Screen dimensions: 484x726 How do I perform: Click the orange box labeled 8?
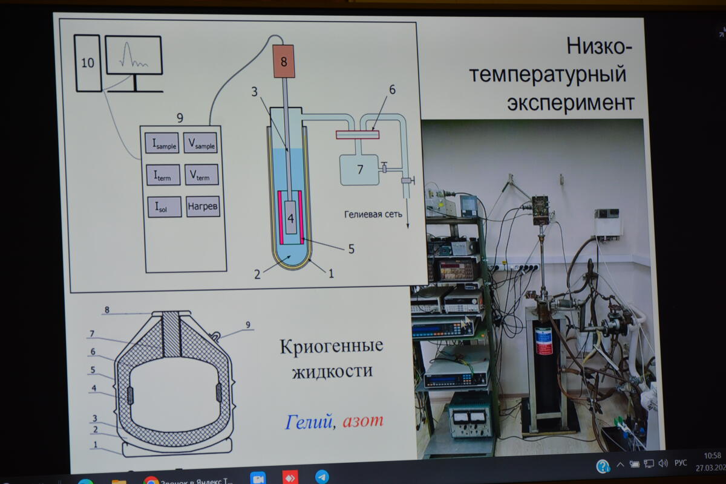click(284, 60)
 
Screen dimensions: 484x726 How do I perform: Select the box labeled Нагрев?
click(203, 207)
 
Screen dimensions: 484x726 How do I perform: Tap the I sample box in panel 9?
click(162, 143)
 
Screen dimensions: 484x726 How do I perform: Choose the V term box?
click(201, 175)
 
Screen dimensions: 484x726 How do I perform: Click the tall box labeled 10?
click(88, 63)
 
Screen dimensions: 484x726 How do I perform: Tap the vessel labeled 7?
click(359, 170)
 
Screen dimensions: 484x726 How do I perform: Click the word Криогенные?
click(331, 347)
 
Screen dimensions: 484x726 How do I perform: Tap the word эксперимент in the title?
click(571, 102)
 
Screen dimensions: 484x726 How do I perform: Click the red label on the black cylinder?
click(543, 341)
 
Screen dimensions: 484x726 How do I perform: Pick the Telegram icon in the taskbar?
click(322, 477)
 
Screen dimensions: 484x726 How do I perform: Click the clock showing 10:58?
click(713, 455)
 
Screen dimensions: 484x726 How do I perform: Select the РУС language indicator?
click(681, 463)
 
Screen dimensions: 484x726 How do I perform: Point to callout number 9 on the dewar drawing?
click(248, 324)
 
